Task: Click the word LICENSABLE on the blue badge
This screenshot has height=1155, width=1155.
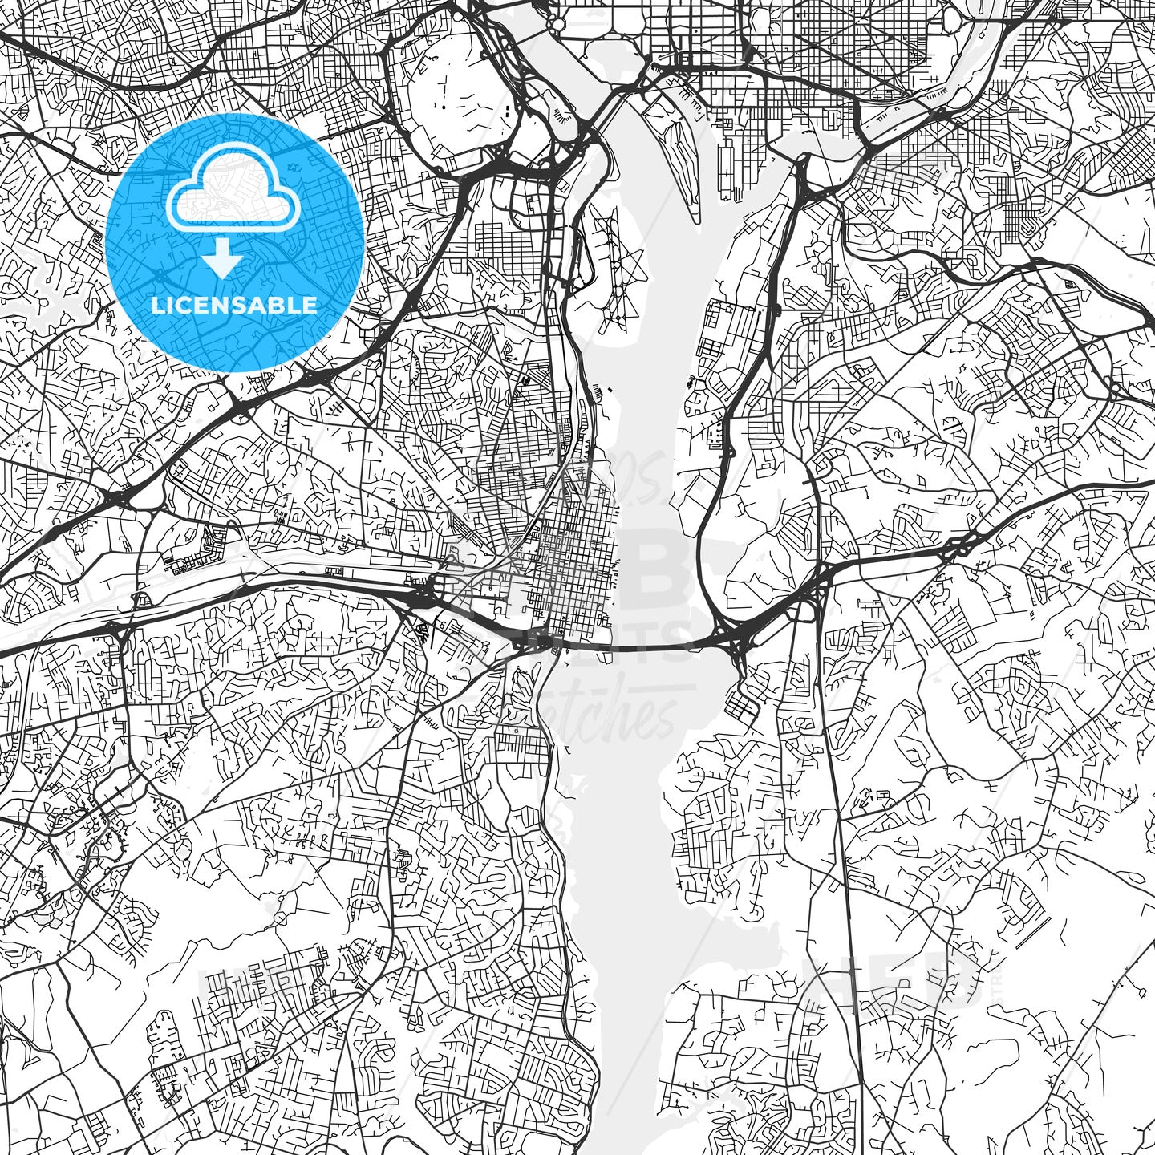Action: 234,306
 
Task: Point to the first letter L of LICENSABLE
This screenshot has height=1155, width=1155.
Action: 156,306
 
